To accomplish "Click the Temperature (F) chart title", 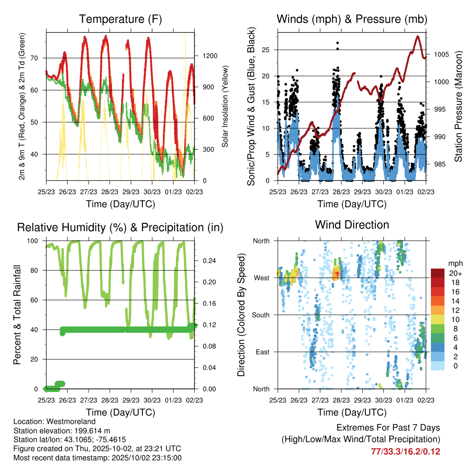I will click(x=120, y=19).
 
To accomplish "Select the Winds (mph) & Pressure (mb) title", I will click(x=352, y=19).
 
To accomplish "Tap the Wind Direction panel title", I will click(x=352, y=225).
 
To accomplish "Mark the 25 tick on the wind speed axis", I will click(x=267, y=50).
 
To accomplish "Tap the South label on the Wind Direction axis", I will click(x=261, y=315).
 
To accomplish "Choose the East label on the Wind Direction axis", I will click(x=262, y=352).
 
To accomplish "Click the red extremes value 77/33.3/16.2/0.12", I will click(x=405, y=451).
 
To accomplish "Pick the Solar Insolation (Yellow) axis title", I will click(x=225, y=106).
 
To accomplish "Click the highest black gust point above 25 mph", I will click(x=337, y=43).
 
